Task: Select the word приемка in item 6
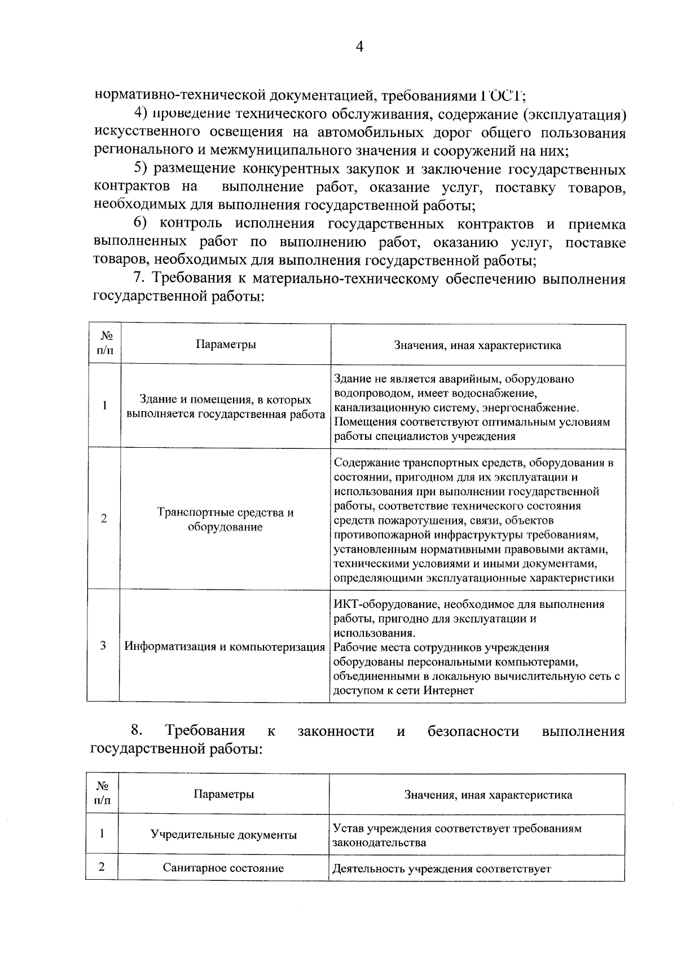pos(596,224)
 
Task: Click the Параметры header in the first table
pos(225,345)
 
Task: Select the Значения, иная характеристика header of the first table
pos(477,345)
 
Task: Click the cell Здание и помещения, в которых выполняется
pos(225,407)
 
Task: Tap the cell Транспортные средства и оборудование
pos(225,519)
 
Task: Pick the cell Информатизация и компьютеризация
pos(225,646)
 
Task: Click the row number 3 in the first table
pos(104,646)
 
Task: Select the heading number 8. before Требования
pos(137,731)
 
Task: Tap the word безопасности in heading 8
pos(473,731)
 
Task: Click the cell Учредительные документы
pos(223,835)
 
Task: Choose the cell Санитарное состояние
pos(223,868)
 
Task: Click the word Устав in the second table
pos(348,828)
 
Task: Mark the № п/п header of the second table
pos(103,793)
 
